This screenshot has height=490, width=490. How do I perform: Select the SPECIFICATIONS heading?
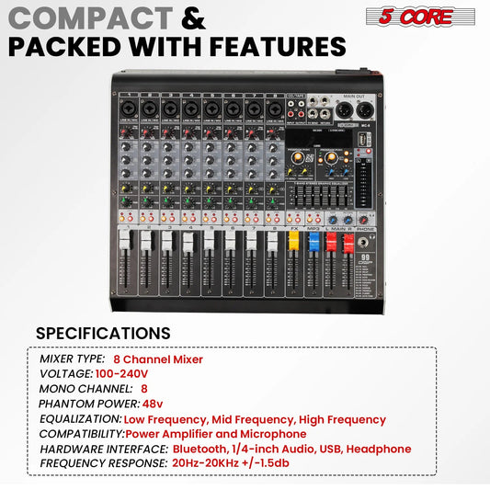tap(103, 333)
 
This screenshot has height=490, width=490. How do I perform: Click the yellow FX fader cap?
tap(294, 242)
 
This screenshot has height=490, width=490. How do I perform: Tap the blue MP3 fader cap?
tap(312, 243)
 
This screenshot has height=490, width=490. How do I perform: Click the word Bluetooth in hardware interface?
tap(201, 449)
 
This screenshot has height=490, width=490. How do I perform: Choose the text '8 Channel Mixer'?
tap(158, 359)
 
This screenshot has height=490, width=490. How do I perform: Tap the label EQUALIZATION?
tap(80, 419)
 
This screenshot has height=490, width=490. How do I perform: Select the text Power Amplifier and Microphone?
tap(215, 434)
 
